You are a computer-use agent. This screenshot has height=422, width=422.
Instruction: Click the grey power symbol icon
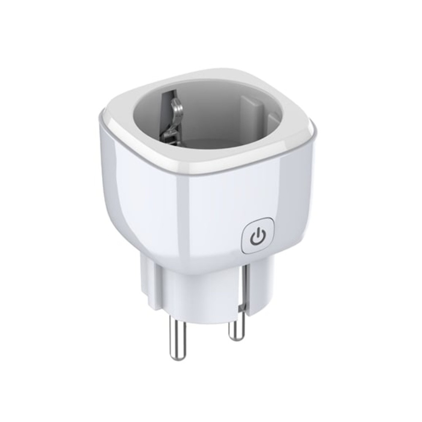257,238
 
